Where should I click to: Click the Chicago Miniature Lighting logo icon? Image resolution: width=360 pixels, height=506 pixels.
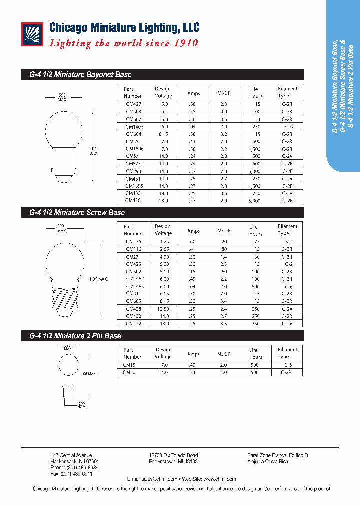click(x=33, y=34)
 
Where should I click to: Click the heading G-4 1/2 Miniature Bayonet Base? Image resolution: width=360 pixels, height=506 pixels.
click(x=77, y=75)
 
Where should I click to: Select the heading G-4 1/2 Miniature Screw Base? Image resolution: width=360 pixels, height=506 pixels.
click(x=74, y=213)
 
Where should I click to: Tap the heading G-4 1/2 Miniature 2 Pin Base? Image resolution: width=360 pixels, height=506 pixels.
click(x=72, y=336)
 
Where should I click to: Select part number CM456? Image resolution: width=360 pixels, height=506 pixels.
click(x=133, y=200)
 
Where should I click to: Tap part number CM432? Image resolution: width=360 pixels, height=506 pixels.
click(x=133, y=323)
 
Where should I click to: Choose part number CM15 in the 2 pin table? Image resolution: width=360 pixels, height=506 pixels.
click(x=129, y=365)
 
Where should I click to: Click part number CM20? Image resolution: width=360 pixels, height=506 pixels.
click(x=129, y=372)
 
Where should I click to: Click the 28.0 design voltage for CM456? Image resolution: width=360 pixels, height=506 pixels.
click(x=164, y=200)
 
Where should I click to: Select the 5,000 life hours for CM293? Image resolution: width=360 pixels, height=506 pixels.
click(x=255, y=171)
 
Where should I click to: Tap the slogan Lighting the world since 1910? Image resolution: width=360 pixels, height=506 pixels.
click(x=124, y=43)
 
